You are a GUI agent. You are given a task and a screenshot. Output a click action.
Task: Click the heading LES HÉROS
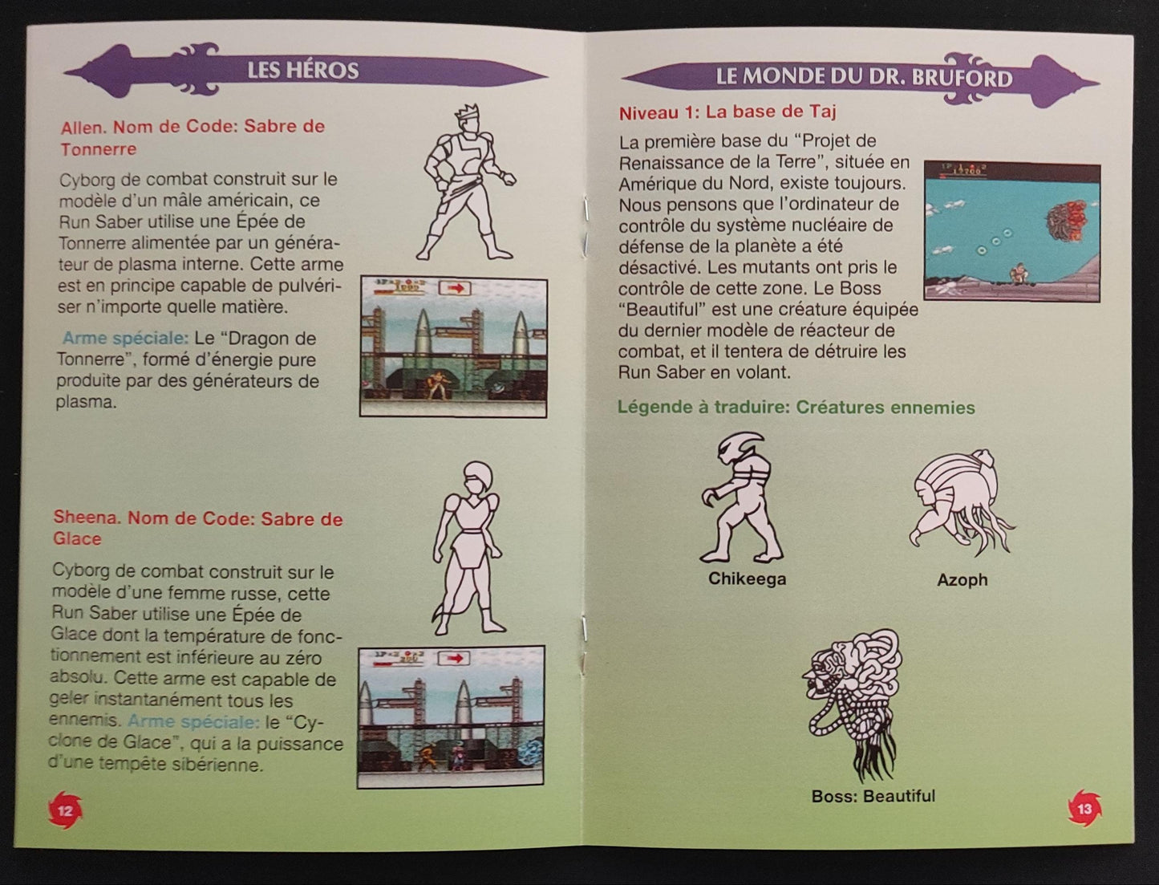point(302,71)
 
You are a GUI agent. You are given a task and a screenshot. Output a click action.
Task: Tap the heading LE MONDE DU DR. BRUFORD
point(863,77)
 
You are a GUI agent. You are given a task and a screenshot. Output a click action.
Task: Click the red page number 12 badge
point(65,810)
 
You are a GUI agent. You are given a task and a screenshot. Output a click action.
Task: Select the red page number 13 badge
point(1084,809)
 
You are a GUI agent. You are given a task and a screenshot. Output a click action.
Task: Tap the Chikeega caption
point(747,578)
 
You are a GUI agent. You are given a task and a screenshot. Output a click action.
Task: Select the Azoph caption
point(962,579)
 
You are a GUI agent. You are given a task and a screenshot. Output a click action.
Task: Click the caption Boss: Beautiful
point(873,796)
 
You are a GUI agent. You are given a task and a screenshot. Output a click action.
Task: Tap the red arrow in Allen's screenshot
point(455,288)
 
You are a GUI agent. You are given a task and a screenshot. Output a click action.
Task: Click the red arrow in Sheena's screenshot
point(454,658)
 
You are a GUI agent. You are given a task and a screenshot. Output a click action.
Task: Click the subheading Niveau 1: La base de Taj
point(727,112)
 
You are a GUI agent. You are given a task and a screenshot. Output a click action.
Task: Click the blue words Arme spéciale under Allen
point(125,339)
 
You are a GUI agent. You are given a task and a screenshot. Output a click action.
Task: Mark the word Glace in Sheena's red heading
point(77,538)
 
